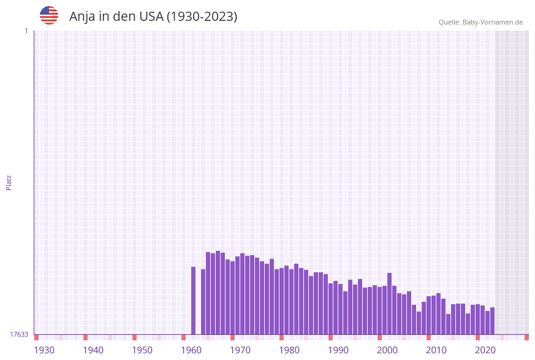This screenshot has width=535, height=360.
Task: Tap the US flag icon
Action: click(x=49, y=15)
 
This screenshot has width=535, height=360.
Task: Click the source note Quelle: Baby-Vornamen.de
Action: click(x=480, y=22)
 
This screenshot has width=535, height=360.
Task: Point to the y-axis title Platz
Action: click(x=9, y=182)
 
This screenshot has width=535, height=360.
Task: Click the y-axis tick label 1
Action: click(x=26, y=31)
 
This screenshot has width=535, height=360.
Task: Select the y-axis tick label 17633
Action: click(x=19, y=334)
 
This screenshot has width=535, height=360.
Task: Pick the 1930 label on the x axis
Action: click(x=44, y=350)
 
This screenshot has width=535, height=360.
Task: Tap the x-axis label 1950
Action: click(x=142, y=350)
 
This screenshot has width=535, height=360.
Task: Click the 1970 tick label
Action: click(x=240, y=350)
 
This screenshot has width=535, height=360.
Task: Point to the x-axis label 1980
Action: click(x=289, y=350)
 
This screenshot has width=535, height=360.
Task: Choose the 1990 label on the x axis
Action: click(x=338, y=350)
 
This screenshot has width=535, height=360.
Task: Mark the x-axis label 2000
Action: click(x=387, y=350)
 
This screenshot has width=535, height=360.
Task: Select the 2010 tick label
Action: click(x=436, y=350)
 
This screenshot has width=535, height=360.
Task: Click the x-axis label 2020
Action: click(x=485, y=350)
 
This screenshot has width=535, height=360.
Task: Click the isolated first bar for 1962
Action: click(x=194, y=301)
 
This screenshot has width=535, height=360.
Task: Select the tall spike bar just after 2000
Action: click(x=390, y=304)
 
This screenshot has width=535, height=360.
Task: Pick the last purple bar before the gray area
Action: click(x=493, y=321)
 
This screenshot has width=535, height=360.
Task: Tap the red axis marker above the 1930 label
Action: click(x=37, y=337)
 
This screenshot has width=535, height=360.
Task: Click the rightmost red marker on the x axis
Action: click(x=526, y=337)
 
